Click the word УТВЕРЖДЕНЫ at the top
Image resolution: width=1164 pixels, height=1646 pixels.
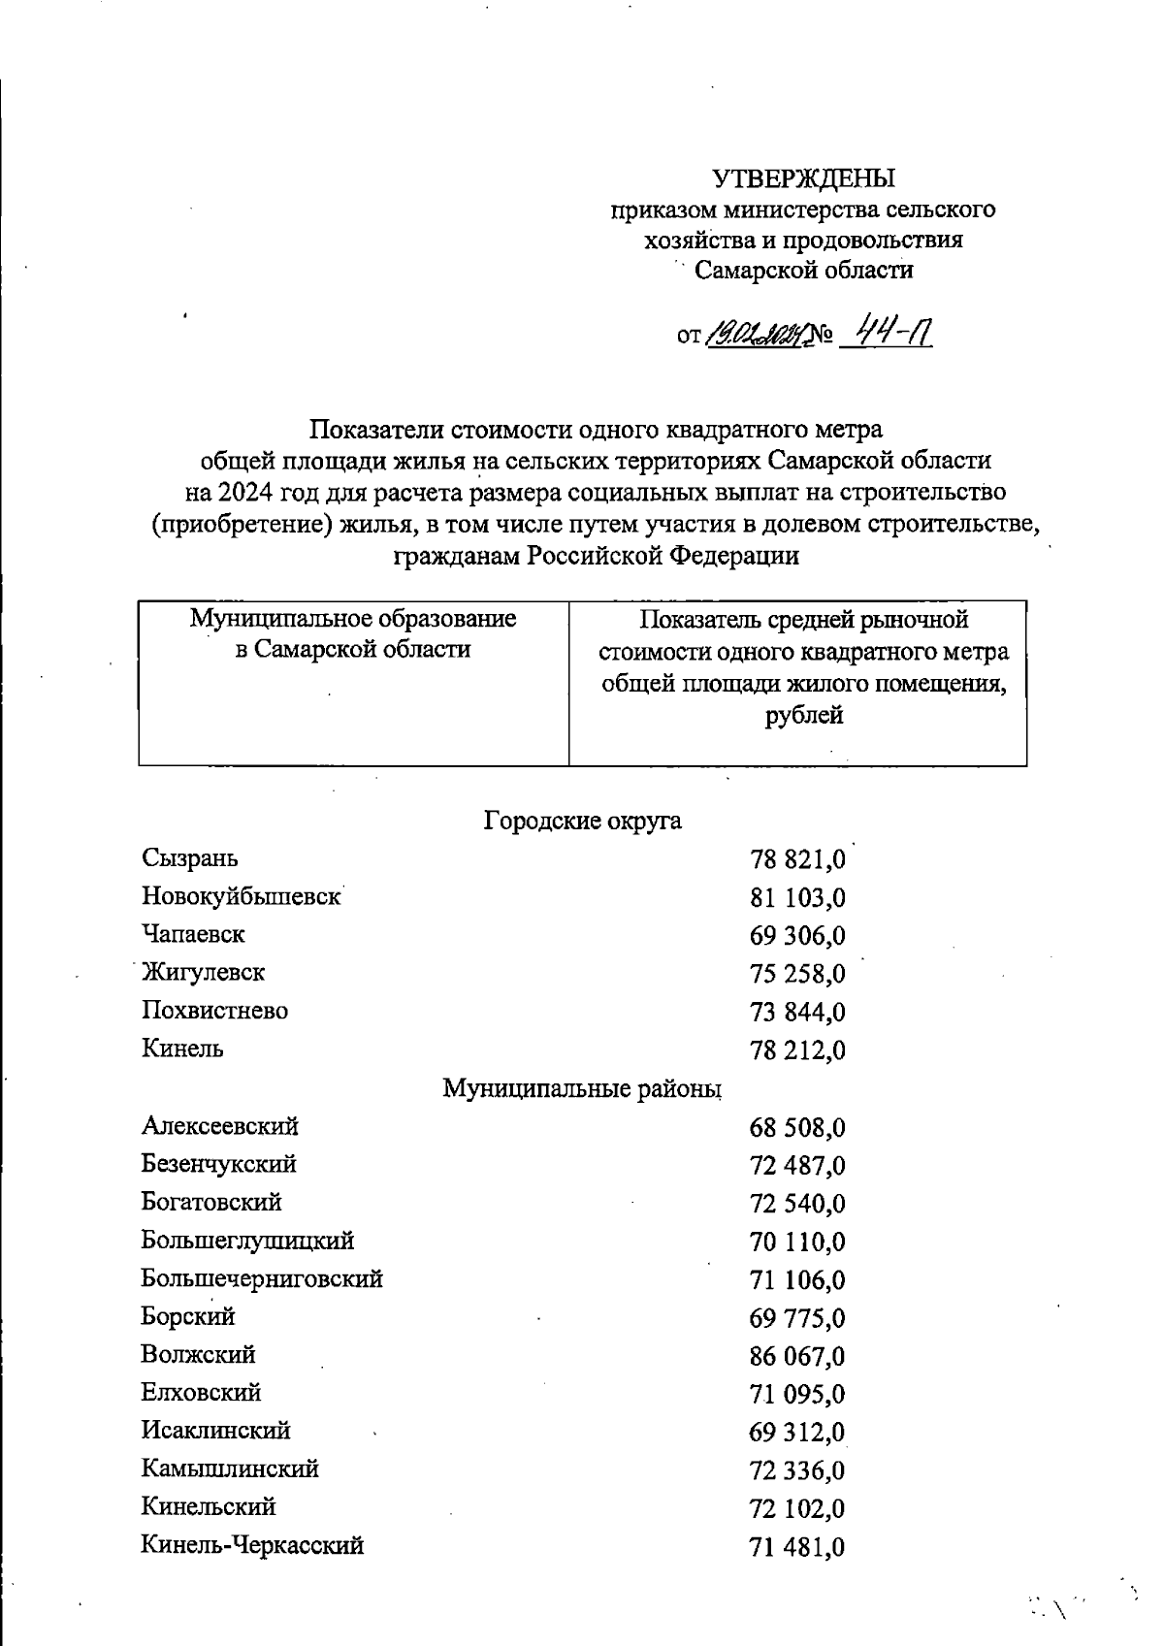click(x=804, y=178)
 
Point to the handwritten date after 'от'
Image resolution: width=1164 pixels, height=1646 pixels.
click(x=754, y=337)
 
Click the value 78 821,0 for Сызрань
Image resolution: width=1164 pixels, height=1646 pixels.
click(x=797, y=859)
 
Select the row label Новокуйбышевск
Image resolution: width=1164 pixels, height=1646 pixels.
click(x=242, y=896)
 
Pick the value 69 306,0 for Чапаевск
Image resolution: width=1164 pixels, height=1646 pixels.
click(x=797, y=936)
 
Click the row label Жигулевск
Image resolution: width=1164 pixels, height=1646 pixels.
click(x=203, y=972)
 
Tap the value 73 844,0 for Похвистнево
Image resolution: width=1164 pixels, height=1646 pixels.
click(x=797, y=1012)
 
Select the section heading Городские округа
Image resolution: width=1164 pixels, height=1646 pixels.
click(x=582, y=821)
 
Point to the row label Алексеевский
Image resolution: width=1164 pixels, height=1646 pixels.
click(x=220, y=1126)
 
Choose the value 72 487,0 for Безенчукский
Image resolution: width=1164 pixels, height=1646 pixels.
click(x=797, y=1165)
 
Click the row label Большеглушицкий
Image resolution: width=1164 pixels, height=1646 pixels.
click(x=247, y=1241)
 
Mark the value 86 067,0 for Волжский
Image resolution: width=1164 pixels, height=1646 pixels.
click(x=797, y=1356)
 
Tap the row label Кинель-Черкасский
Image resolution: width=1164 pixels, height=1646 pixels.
click(x=252, y=1545)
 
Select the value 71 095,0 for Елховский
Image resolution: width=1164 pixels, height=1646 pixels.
click(x=797, y=1394)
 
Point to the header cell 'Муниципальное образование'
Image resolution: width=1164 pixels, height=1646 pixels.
click(x=353, y=619)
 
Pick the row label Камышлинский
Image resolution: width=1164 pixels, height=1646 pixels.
click(x=230, y=1468)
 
